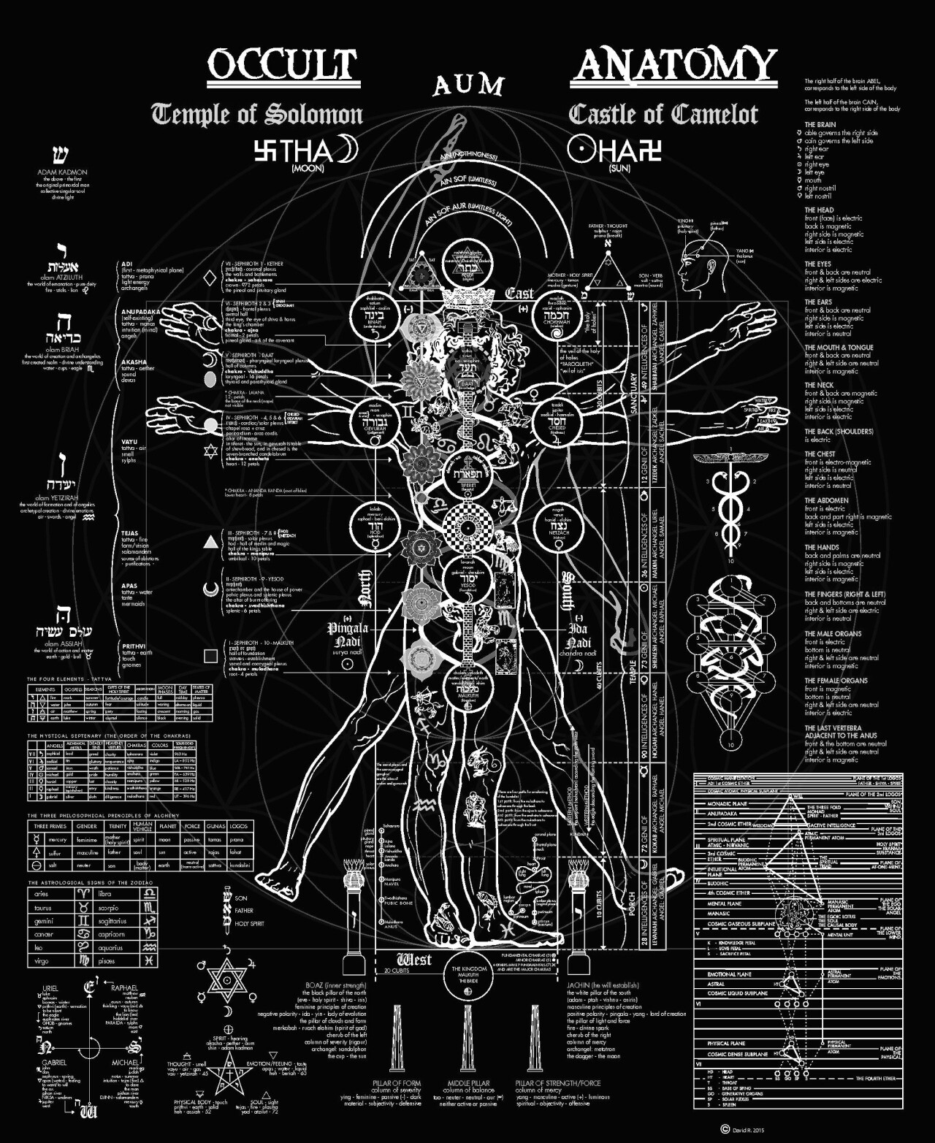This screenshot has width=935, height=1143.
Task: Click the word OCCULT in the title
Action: [283, 66]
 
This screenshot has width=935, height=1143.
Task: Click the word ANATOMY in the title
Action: [673, 65]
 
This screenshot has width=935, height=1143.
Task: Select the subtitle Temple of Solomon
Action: [257, 115]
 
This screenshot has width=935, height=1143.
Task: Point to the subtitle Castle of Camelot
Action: [663, 115]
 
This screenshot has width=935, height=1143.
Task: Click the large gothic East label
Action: [519, 294]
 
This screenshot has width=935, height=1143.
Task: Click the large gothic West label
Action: [413, 959]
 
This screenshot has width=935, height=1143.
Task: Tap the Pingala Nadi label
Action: [348, 634]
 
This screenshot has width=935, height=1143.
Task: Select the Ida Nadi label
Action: [579, 635]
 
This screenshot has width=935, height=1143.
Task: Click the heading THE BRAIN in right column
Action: [820, 125]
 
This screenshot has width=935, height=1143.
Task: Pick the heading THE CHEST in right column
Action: [820, 454]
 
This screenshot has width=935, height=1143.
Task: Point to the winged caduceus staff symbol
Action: [730, 504]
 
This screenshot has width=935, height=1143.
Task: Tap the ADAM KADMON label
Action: [62, 172]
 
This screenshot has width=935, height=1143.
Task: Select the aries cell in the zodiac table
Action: [42, 894]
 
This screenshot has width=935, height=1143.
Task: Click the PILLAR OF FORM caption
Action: [397, 1083]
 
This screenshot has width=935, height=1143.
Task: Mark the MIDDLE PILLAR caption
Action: [468, 1083]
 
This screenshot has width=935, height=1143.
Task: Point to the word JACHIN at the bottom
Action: [581, 985]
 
